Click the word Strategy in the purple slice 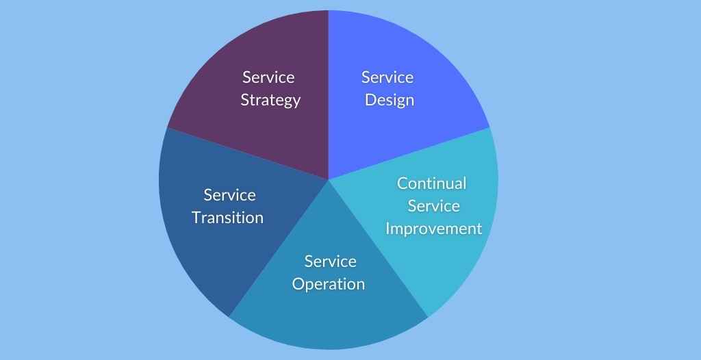(270, 100)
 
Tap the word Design (390, 100)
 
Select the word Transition (227, 218)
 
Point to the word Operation (329, 285)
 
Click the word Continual (431, 183)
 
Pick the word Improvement (433, 229)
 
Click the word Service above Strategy (268, 77)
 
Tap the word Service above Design (387, 77)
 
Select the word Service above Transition (229, 195)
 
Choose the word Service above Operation (331, 261)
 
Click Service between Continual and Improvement (433, 206)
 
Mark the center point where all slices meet (329, 180)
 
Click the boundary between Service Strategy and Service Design (329, 95)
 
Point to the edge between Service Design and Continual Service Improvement (409, 154)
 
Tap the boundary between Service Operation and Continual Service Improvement (378, 248)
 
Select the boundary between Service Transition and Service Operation (279, 248)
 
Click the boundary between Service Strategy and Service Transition (248, 154)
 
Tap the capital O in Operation (298, 284)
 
